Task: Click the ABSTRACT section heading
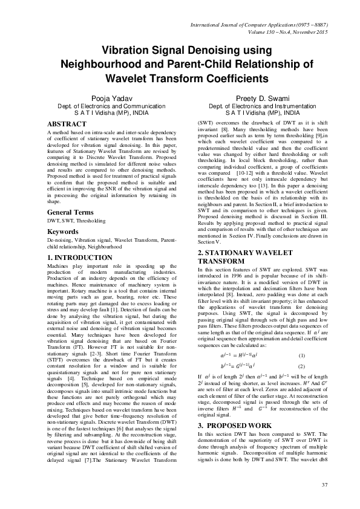coord(67,124)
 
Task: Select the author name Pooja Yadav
coord(110,98)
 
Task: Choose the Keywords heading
coord(63,232)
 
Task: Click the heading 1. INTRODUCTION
coord(80,258)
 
